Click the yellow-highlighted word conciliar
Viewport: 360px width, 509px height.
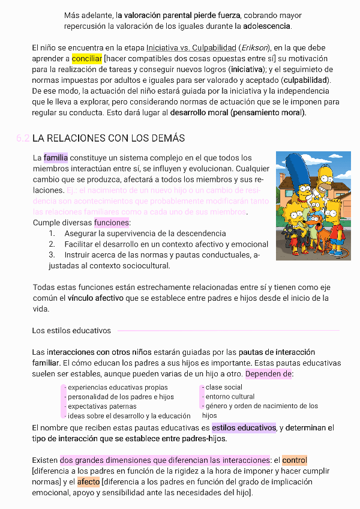point(87,59)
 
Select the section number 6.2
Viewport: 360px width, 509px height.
point(23,138)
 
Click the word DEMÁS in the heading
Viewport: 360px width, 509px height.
point(166,138)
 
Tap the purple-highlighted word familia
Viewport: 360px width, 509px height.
point(56,158)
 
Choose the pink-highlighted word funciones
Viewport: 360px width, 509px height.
point(112,223)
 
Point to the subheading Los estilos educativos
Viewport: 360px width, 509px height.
point(71,331)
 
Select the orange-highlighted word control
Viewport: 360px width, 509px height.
point(295,460)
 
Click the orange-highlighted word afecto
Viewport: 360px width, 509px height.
point(88,482)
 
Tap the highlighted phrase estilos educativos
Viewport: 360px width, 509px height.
point(243,428)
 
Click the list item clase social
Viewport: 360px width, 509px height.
point(224,387)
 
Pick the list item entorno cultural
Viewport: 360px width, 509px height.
point(230,397)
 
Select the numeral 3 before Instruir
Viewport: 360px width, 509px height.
point(52,255)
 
